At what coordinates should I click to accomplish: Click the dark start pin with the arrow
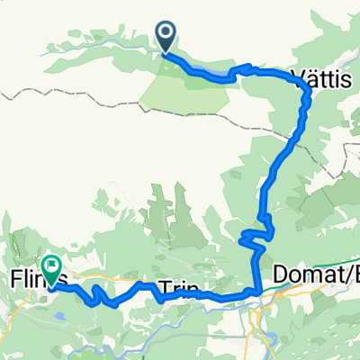(167, 35)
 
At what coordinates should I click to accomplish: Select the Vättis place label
(320, 78)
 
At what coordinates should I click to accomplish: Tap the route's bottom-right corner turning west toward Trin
(259, 292)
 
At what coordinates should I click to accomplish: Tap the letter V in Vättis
(298, 78)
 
